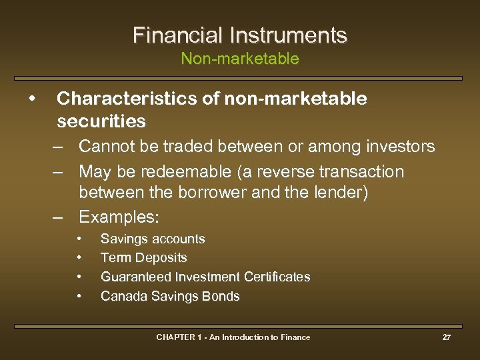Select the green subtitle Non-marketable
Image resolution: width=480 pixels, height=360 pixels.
(240, 59)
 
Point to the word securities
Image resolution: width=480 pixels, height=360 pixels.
(101, 121)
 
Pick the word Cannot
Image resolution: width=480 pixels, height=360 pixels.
(105, 146)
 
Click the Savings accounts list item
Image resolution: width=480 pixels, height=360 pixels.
(153, 239)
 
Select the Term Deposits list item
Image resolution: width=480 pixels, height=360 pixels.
(143, 257)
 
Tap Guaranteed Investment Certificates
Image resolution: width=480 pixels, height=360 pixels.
(205, 276)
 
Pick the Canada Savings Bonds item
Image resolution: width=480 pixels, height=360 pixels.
(170, 296)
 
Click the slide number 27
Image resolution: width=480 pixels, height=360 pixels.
(447, 337)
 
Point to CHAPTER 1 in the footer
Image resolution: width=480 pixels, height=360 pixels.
(176, 337)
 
